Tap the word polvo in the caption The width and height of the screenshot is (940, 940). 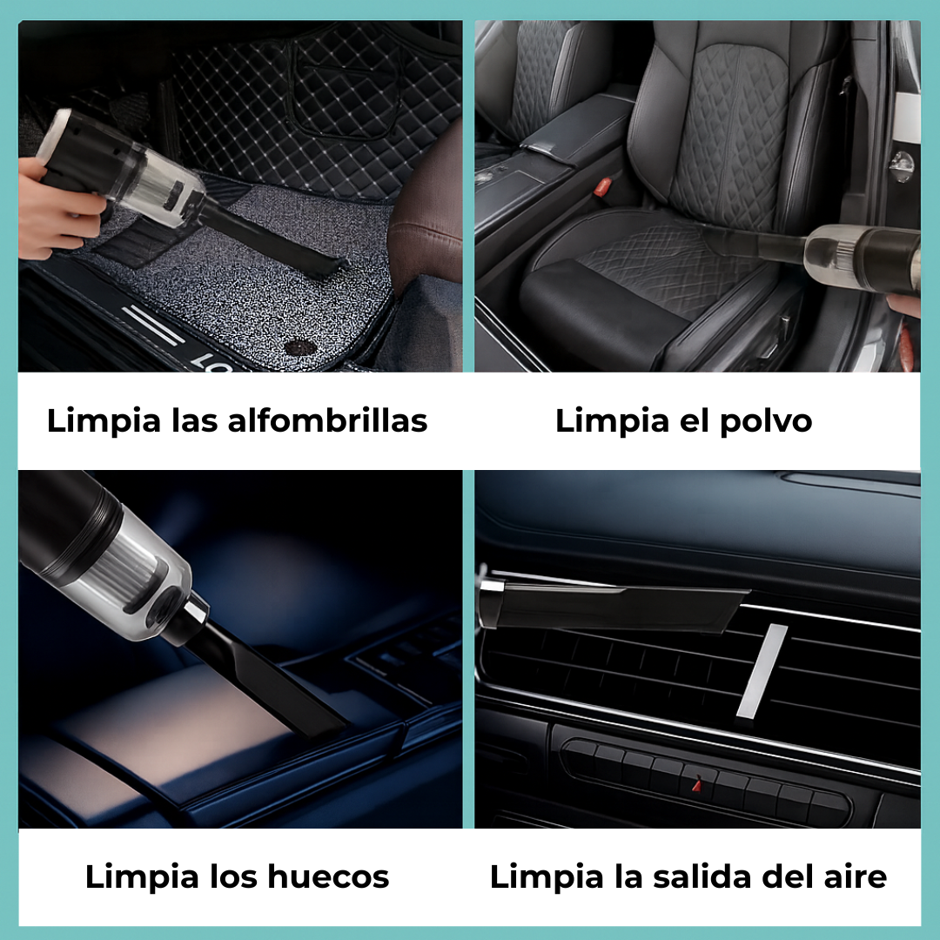767,421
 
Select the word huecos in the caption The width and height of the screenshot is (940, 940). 328,876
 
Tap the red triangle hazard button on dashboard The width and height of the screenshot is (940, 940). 695,784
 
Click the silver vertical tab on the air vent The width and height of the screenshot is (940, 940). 761,671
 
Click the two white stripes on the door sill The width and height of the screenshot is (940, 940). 152,324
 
